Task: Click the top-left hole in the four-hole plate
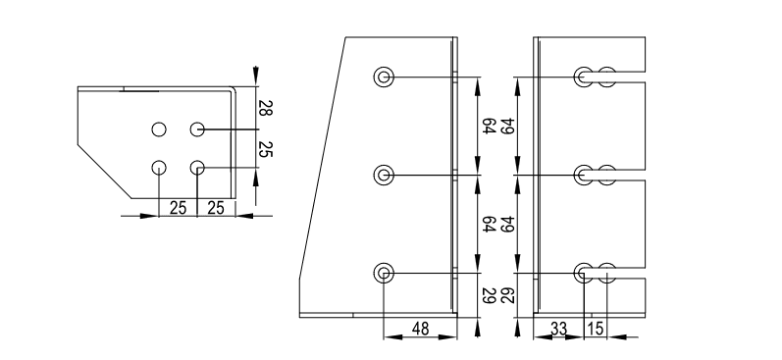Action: click(159, 129)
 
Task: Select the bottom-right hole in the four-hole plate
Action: click(197, 168)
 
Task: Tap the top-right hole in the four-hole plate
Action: click(197, 129)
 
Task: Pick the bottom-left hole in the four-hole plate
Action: click(159, 168)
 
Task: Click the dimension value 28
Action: click(265, 108)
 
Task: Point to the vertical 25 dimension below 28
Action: click(265, 148)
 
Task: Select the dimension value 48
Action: click(420, 329)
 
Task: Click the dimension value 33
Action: click(558, 329)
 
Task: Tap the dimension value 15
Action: click(596, 329)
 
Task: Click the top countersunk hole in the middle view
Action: click(384, 77)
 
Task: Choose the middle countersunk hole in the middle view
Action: click(384, 175)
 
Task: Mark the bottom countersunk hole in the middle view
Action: click(384, 273)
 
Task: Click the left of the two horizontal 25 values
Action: click(178, 208)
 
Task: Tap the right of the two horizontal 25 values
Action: click(216, 208)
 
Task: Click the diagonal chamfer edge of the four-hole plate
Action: click(105, 172)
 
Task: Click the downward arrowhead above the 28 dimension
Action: click(256, 76)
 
